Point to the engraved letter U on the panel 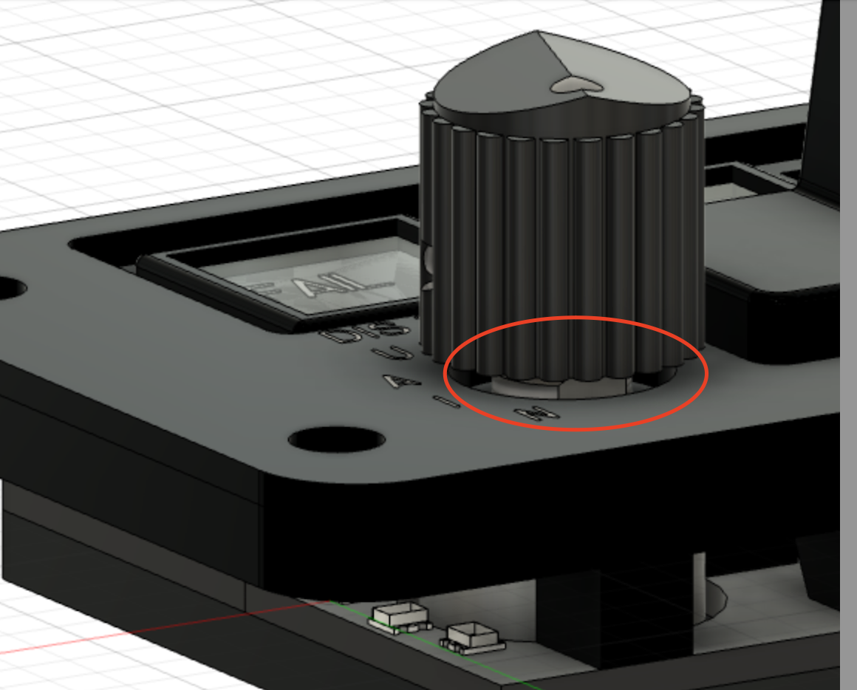click(x=397, y=354)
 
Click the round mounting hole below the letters click(x=336, y=440)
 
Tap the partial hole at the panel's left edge click(x=9, y=287)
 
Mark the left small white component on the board click(x=401, y=616)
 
